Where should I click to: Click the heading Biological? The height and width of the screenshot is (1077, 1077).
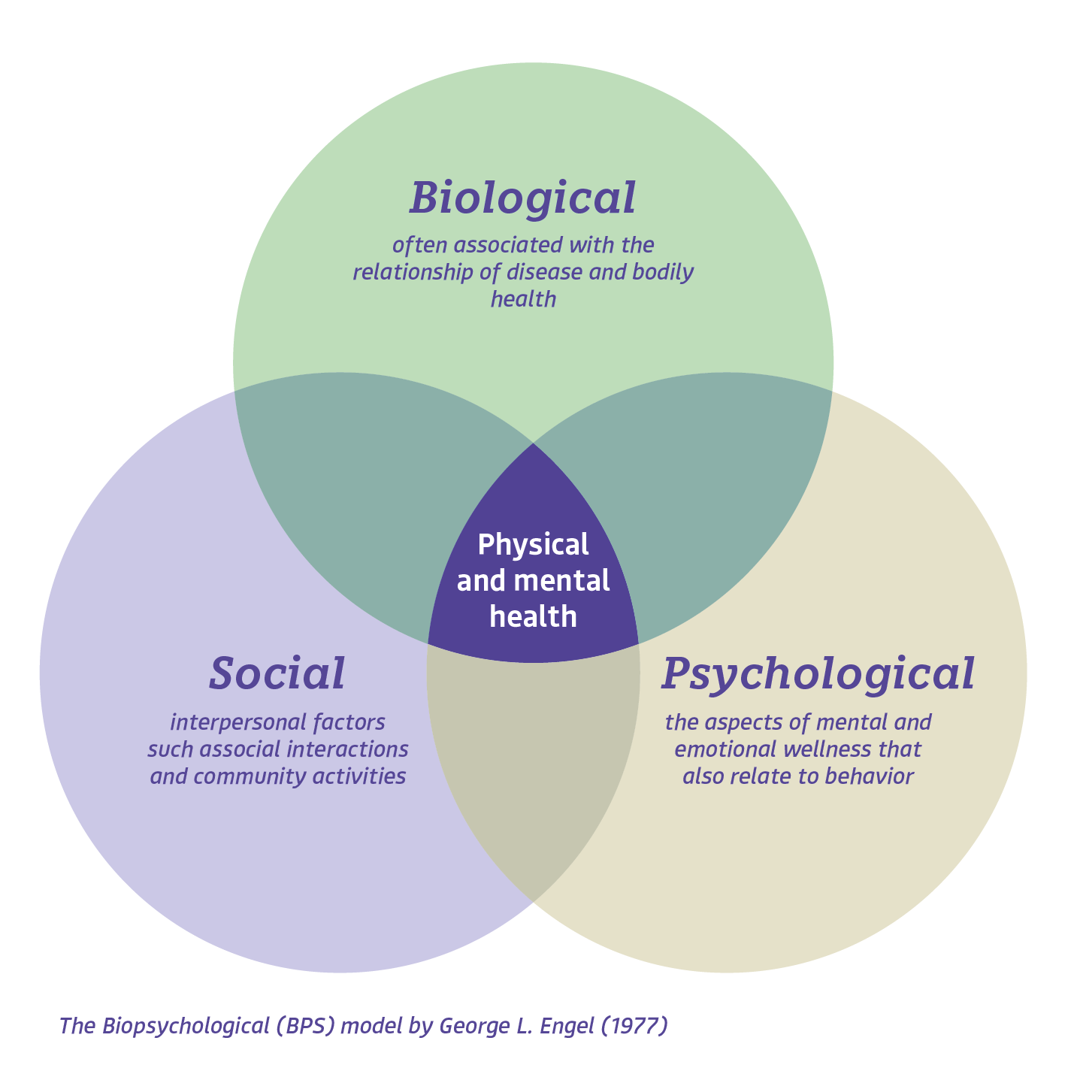[x=523, y=198]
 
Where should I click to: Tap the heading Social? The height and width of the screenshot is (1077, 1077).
[x=277, y=673]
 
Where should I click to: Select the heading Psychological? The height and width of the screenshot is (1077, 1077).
[x=818, y=673]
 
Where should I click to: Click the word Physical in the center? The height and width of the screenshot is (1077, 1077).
[x=533, y=545]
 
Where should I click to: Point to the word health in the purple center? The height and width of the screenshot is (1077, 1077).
[x=533, y=617]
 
